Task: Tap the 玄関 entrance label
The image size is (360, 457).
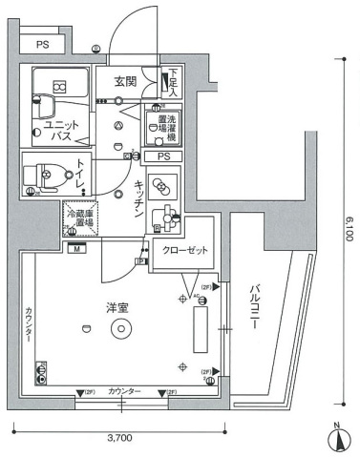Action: (127, 81)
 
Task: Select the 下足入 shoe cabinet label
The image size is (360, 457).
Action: (172, 85)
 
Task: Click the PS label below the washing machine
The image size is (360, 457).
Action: (163, 156)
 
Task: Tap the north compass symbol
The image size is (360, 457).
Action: (337, 439)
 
